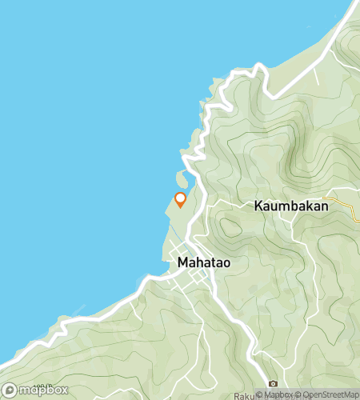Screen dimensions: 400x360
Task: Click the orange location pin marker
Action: point(180,199)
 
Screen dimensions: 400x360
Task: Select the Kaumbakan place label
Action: point(291,206)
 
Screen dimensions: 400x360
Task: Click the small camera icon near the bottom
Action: point(273,384)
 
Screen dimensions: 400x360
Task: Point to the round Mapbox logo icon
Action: point(10,390)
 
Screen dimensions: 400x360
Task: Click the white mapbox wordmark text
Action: point(40,390)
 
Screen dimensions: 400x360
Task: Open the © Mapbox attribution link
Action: point(274,394)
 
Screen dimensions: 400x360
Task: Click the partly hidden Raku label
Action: point(244,396)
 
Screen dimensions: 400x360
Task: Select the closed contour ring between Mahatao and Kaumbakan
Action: point(230,227)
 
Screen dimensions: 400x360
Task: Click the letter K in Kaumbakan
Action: point(259,206)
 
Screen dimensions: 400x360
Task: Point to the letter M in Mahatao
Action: point(182,262)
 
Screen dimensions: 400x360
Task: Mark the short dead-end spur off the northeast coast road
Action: point(316,76)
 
